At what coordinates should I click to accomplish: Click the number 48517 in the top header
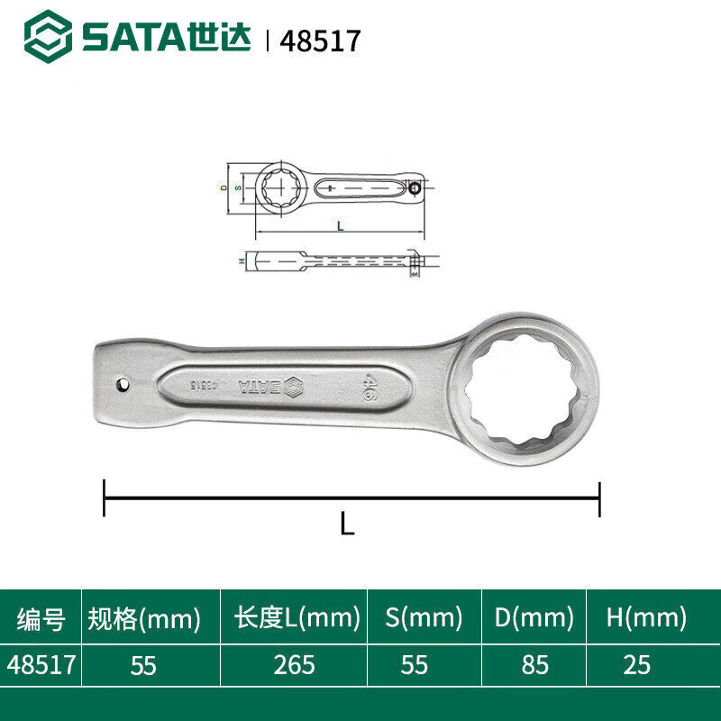coord(320,41)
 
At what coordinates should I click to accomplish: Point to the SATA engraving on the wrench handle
coord(261,387)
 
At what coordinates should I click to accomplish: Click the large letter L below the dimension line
coord(347,524)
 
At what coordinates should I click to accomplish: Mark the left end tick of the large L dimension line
coord(105,498)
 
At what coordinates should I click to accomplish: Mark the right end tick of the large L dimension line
coord(599,498)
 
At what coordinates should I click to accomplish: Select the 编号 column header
coord(41,618)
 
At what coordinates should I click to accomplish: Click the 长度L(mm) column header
coord(297,618)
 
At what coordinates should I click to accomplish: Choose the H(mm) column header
coord(646,618)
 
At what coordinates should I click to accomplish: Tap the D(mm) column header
coord(534,618)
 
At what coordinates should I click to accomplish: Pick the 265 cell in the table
coord(295,665)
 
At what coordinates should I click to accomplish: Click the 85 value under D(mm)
coord(534,665)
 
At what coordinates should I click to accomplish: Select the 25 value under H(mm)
coord(636,665)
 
